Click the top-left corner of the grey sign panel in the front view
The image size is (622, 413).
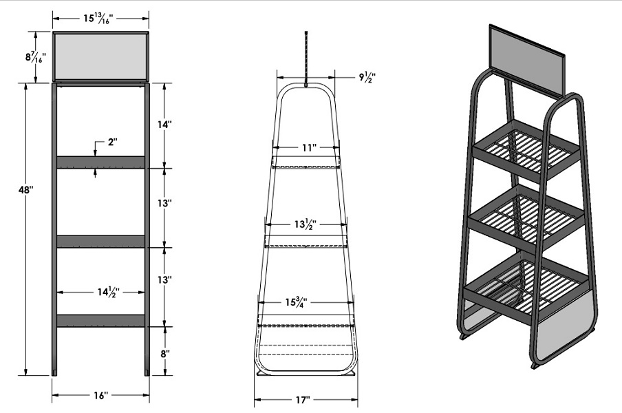54,32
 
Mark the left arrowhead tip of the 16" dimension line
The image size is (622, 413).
52,394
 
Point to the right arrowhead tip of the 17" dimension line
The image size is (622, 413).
357,399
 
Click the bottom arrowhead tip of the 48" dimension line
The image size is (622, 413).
25,375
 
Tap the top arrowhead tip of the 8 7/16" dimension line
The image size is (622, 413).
36,32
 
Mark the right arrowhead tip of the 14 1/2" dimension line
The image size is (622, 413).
144,293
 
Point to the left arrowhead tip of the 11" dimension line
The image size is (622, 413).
272,147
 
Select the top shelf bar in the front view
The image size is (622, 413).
100,162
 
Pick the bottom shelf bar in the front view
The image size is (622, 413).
100,321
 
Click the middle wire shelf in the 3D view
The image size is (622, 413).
526,220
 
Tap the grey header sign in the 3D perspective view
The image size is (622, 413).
528,61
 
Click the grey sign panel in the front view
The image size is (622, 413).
100,56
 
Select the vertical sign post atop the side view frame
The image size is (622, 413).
306,59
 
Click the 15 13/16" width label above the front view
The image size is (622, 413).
98,19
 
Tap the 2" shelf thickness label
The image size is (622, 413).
113,142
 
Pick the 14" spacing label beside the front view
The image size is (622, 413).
164,125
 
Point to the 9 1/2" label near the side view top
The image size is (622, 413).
367,77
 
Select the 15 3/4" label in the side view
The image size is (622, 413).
297,302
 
